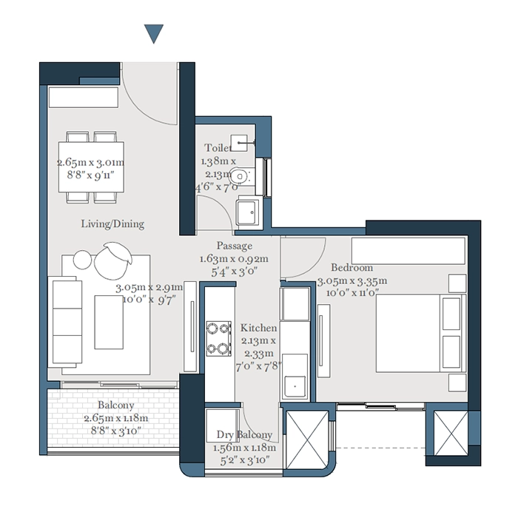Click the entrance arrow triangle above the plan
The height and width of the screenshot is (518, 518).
(x=153, y=33)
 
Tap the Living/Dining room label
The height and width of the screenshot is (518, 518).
(x=112, y=223)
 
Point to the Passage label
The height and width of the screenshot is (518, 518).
(x=235, y=246)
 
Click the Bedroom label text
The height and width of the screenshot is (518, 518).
(x=351, y=268)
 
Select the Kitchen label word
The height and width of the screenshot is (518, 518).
(x=259, y=328)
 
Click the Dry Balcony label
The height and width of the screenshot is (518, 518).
(x=244, y=435)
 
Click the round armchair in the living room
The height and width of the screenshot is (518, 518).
(x=113, y=260)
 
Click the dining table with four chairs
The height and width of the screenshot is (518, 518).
(x=92, y=166)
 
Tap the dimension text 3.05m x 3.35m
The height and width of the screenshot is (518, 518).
(x=352, y=281)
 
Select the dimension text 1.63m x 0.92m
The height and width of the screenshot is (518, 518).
(x=234, y=259)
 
